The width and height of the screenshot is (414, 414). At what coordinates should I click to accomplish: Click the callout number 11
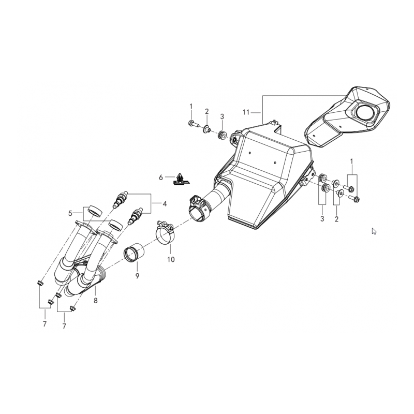click(x=246, y=112)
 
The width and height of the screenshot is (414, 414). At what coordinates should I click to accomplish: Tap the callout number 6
click(x=161, y=178)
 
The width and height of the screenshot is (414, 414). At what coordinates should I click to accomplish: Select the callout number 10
click(x=171, y=260)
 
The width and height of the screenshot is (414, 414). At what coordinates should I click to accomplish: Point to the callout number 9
click(x=137, y=276)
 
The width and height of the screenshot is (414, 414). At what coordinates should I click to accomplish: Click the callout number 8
click(x=96, y=301)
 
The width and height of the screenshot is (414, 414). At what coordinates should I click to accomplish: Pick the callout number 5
click(x=70, y=213)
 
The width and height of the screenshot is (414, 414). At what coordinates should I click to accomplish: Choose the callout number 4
click(x=165, y=204)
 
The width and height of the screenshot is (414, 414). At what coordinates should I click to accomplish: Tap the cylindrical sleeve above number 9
click(x=135, y=253)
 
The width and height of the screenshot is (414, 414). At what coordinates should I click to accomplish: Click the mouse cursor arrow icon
click(x=374, y=231)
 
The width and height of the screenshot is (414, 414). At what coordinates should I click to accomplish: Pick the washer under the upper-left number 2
click(x=206, y=129)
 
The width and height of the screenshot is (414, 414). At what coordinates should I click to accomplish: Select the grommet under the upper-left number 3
click(x=221, y=135)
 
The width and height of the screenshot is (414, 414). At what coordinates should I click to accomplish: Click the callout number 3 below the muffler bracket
click(x=322, y=219)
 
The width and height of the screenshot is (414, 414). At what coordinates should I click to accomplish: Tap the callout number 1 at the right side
click(x=351, y=161)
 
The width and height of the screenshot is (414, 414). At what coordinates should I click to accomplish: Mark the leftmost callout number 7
click(x=45, y=324)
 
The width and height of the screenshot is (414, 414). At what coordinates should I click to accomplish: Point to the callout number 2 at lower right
click(x=336, y=219)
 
